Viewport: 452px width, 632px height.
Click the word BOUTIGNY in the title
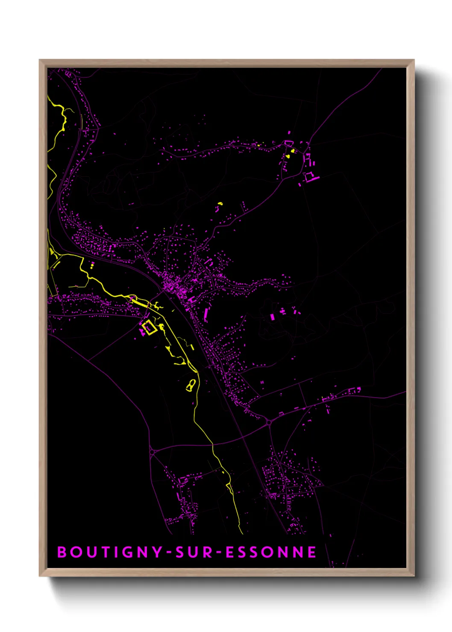click(109, 552)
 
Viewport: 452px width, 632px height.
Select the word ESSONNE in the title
click(271, 552)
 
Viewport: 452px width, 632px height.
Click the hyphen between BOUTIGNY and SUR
click(169, 553)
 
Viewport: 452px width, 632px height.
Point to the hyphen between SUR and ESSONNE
click(219, 553)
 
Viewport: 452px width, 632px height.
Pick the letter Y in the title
click(157, 552)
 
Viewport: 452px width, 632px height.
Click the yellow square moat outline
click(149, 328)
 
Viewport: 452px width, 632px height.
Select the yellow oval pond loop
click(191, 386)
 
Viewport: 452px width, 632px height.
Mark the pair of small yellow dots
click(92, 266)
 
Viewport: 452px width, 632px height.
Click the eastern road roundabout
click(269, 423)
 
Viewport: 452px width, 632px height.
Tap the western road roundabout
click(152, 451)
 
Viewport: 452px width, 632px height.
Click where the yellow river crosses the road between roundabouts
click(212, 445)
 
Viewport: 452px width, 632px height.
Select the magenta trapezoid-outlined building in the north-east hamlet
click(288, 143)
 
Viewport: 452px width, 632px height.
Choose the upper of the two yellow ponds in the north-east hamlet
click(293, 151)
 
